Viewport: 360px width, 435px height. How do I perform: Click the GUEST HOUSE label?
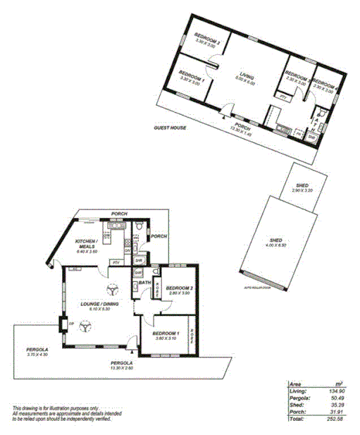click(x=170, y=128)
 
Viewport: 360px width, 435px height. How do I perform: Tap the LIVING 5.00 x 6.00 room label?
click(x=246, y=78)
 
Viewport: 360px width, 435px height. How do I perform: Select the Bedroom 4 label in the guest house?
click(x=325, y=80)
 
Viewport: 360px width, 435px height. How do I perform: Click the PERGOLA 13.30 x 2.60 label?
click(x=120, y=365)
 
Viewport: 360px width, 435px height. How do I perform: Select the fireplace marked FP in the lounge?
click(x=63, y=324)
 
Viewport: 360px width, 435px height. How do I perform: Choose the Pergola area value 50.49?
click(x=339, y=398)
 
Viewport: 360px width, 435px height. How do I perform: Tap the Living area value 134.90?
click(x=338, y=391)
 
